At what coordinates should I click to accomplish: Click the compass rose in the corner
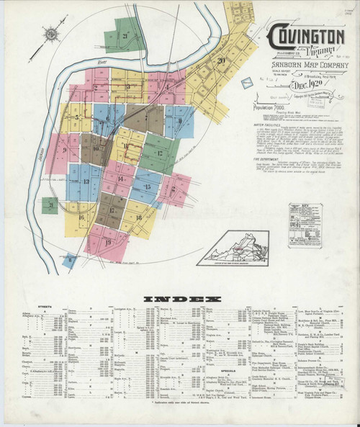(x=53, y=33)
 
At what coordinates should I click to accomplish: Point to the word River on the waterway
(x=102, y=64)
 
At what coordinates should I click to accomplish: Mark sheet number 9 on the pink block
(x=65, y=150)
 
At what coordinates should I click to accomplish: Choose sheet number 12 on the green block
(x=159, y=153)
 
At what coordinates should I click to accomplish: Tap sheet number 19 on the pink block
(x=108, y=242)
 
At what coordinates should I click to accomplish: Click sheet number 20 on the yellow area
(x=221, y=60)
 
